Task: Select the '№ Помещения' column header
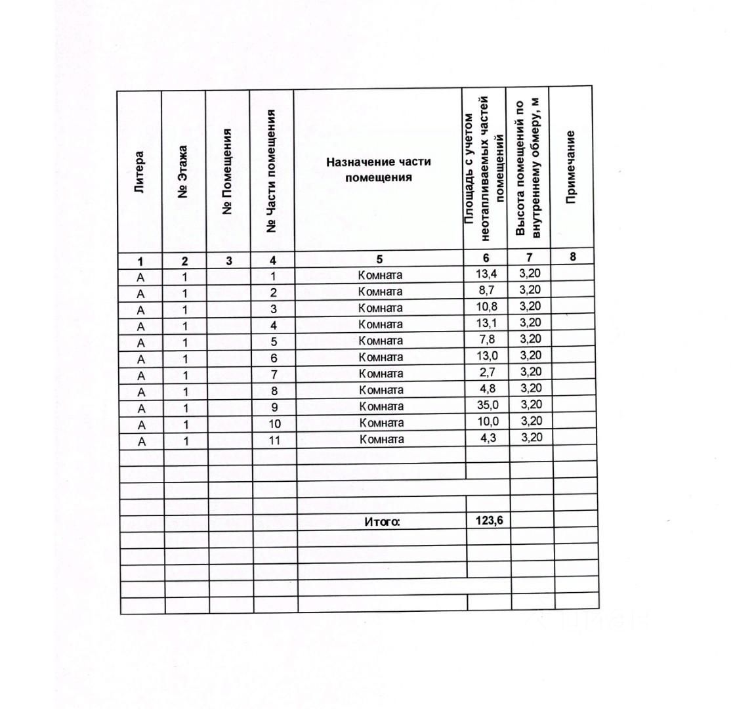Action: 227,172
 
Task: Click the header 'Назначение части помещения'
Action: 379,169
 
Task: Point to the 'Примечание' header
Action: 571,167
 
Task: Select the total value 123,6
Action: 488,521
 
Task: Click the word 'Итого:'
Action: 382,523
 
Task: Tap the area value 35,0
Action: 487,406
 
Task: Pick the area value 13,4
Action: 486,273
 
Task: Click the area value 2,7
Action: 487,373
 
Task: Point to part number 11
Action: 274,440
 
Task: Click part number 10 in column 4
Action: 274,423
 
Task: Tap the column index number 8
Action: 572,257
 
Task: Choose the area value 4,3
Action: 487,439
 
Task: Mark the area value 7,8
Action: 487,340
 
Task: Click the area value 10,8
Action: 487,307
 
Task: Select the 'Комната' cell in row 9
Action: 381,406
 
